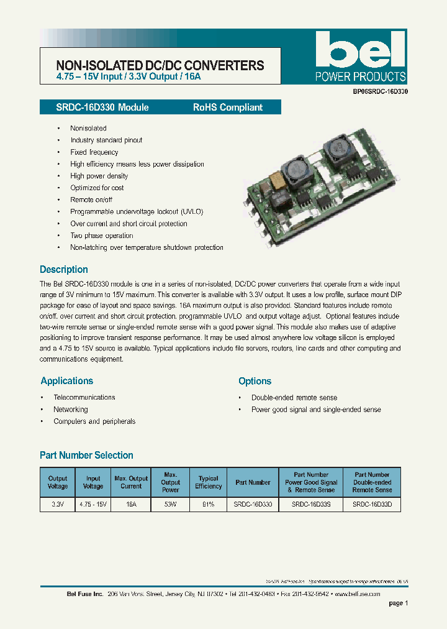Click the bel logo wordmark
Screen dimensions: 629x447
point(361,50)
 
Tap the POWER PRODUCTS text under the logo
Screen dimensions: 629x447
point(361,77)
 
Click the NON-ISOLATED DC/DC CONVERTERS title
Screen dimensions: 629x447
point(160,65)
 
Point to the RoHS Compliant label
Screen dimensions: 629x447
point(227,108)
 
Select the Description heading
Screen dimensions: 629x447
point(64,270)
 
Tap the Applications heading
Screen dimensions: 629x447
point(67,381)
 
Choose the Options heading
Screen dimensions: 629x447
point(255,381)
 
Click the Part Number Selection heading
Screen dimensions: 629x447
point(86,455)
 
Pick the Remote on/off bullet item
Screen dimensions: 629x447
point(91,200)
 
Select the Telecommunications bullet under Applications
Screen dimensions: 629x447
point(84,397)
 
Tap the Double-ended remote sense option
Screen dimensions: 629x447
point(294,398)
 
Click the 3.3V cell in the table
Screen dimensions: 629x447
point(58,505)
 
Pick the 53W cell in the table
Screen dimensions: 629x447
point(170,505)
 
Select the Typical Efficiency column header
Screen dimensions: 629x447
point(208,482)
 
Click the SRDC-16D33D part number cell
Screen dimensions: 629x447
point(372,505)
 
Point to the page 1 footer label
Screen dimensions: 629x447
point(398,603)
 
